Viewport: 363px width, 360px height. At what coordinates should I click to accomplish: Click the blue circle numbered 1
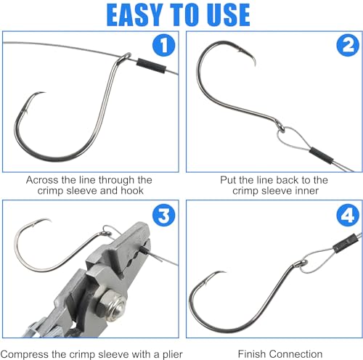164,45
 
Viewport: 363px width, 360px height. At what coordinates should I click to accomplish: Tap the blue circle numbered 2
348,45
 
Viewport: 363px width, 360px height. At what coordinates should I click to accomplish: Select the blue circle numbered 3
164,215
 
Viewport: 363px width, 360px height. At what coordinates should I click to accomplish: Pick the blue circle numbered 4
348,215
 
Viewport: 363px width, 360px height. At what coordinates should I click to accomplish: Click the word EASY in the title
134,15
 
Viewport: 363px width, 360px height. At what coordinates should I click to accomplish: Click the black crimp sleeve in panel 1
151,65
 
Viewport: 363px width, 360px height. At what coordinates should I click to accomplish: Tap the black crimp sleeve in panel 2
322,155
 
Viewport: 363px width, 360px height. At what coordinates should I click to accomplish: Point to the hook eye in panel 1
126,57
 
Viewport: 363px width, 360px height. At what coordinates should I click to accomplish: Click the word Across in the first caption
42,180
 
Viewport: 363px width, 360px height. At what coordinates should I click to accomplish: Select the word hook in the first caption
132,191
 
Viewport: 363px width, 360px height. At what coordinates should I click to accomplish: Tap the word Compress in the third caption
25,355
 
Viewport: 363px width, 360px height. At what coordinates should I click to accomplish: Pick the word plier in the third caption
173,355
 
